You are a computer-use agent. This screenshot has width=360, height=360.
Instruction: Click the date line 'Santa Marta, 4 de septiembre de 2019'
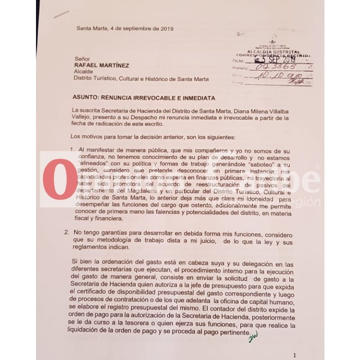(x=125, y=28)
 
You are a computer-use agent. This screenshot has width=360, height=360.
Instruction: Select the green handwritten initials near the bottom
(x=255, y=335)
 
